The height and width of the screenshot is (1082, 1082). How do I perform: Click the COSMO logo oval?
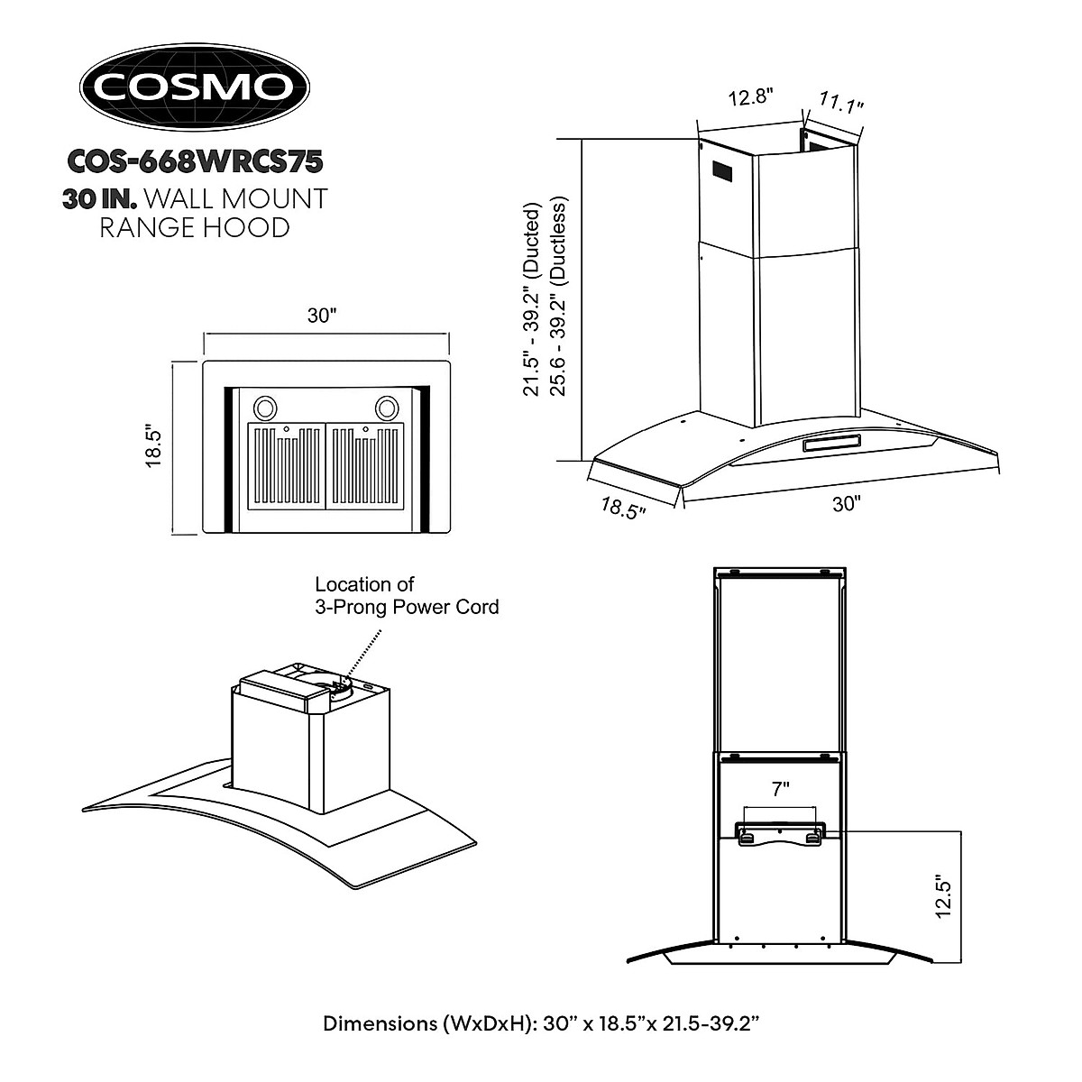pyautogui.click(x=195, y=87)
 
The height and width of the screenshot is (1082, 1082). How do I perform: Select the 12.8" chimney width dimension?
pyautogui.click(x=751, y=97)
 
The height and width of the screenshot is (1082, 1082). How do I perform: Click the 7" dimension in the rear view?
pyautogui.click(x=780, y=787)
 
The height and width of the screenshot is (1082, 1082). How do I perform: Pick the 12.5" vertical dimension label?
pyautogui.click(x=943, y=894)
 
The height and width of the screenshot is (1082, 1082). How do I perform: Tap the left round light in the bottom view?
pyautogui.click(x=267, y=408)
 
